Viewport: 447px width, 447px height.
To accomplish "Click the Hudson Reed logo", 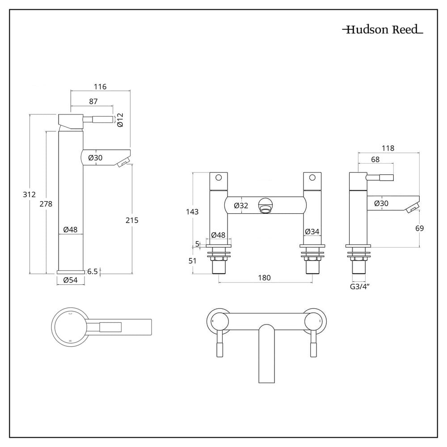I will pos(382,30).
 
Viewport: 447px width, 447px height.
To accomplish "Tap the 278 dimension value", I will pos(46,204).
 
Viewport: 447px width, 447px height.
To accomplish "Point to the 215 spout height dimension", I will pos(132,220).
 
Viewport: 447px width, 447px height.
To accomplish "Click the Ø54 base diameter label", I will pos(71,280).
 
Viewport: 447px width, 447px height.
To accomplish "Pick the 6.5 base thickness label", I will pos(93,271).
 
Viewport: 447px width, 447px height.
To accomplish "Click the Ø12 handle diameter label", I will pos(120,119).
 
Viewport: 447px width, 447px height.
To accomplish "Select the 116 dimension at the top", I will pos(100,87).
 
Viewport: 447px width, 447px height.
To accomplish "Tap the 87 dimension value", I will pos(93,101).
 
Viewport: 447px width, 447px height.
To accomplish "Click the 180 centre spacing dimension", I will pos(265,278).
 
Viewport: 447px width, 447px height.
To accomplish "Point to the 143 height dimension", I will pos(193,211).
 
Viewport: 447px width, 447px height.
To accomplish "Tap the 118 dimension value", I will pos(388,148).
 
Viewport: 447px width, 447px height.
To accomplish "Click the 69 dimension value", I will pos(419,228).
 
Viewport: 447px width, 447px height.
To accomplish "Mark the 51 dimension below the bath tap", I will pos(193,261).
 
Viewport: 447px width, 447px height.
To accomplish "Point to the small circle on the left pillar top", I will pos(218,177).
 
